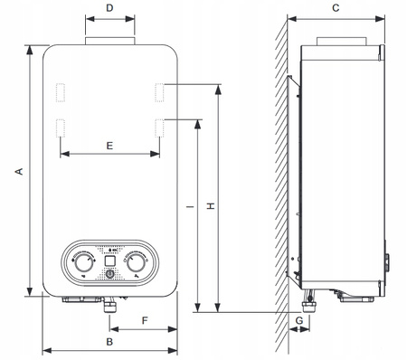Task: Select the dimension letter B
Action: click(109, 341)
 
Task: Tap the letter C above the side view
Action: click(335, 8)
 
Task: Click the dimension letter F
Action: click(144, 320)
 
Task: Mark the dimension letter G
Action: click(298, 320)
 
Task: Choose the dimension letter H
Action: click(210, 207)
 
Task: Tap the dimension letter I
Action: click(188, 207)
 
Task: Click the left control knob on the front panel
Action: click(83, 262)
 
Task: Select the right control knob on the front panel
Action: click(137, 262)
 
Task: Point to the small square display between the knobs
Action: click(109, 264)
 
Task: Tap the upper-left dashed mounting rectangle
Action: click(61, 93)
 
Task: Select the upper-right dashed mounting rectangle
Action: click(159, 93)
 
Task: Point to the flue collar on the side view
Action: click(342, 42)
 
